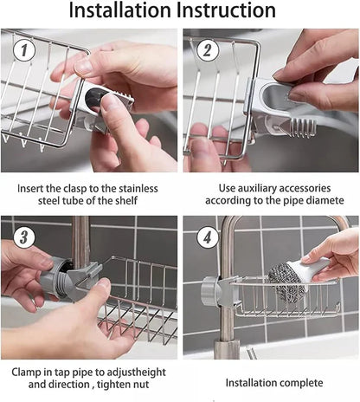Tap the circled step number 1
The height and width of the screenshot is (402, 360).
[25, 51]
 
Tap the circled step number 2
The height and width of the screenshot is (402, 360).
[206, 50]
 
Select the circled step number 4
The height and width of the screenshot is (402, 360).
[205, 237]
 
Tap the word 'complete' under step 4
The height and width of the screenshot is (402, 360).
[299, 382]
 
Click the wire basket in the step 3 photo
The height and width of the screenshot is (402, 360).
[138, 299]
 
